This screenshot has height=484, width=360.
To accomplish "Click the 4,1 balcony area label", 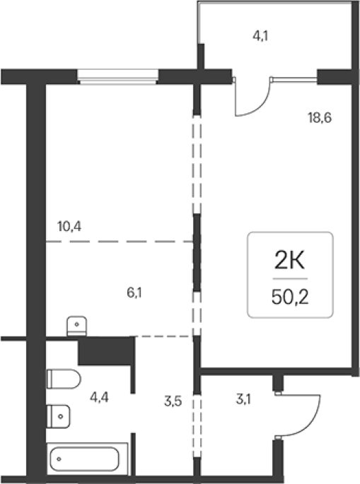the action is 260,36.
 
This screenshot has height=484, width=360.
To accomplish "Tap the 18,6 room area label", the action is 320,117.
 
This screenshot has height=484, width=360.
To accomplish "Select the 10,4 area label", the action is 69,227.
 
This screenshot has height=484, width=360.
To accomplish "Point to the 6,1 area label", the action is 134,293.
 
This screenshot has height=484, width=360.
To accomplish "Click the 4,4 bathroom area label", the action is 99,397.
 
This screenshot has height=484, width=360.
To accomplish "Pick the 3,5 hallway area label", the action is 173,401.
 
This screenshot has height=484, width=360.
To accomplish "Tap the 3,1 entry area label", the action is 243,399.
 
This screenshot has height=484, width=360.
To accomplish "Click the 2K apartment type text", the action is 289,260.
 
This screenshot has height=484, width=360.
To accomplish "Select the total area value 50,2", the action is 290,297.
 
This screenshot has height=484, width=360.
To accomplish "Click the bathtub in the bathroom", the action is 87,459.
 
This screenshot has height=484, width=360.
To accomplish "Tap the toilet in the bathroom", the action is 64,379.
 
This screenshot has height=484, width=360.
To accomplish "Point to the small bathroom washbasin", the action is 58,416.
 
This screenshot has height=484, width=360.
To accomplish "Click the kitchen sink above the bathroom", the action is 76,326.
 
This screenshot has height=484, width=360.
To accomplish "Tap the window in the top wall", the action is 117,76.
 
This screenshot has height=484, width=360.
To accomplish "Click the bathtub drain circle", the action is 59,459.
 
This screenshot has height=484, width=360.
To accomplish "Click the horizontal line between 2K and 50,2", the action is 290,278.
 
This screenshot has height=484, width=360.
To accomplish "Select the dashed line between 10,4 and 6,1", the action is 120,242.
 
